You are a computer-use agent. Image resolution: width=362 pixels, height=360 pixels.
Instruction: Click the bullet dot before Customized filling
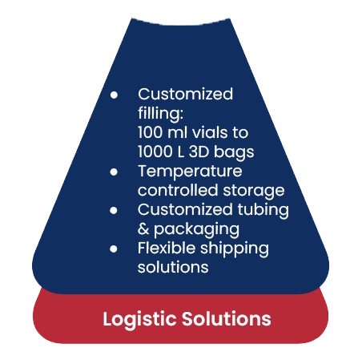coord(115,95)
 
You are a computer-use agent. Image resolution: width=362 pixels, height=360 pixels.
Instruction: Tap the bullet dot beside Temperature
coord(115,172)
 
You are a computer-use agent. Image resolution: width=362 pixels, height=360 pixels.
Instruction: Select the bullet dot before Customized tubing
coord(115,210)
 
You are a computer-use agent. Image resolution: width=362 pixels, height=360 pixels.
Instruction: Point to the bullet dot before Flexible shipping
coord(115,249)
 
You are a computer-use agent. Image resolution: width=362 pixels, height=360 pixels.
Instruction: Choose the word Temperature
coord(190,172)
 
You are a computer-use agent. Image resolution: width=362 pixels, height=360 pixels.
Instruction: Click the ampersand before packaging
coord(144,229)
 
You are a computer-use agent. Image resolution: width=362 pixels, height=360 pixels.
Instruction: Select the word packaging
coord(197,230)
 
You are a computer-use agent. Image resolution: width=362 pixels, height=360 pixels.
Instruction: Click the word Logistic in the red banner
coord(138,319)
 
